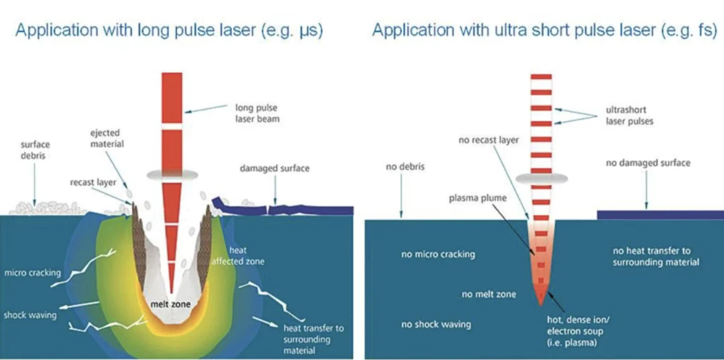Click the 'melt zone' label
[170, 305]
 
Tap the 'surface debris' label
[35, 150]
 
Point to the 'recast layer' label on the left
[93, 183]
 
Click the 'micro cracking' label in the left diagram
[32, 273]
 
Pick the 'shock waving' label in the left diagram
[30, 315]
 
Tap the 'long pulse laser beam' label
[257, 113]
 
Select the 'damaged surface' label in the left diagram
[274, 169]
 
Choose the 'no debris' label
[405, 167]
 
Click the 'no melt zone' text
[488, 294]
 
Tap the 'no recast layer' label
[489, 140]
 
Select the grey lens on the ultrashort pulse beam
[540, 178]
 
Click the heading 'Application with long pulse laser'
[169, 31]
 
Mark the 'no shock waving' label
[436, 325]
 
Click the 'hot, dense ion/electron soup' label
[575, 331]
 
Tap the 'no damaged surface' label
[648, 163]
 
